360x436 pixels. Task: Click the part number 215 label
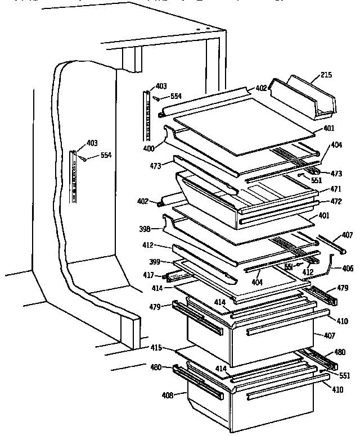pyautogui.click(x=326, y=74)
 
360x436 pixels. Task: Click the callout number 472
pyautogui.click(x=336, y=201)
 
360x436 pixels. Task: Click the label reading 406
pyautogui.click(x=347, y=269)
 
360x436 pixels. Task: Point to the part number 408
pyautogui.click(x=167, y=394)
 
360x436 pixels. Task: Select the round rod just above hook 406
pyautogui.click(x=328, y=243)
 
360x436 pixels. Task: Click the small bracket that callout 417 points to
pyautogui.click(x=175, y=276)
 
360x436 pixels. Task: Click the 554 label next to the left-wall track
pyautogui.click(x=106, y=155)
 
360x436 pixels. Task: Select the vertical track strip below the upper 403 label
pyautogui.click(x=148, y=116)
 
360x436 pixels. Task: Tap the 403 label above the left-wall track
pyautogui.click(x=92, y=143)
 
